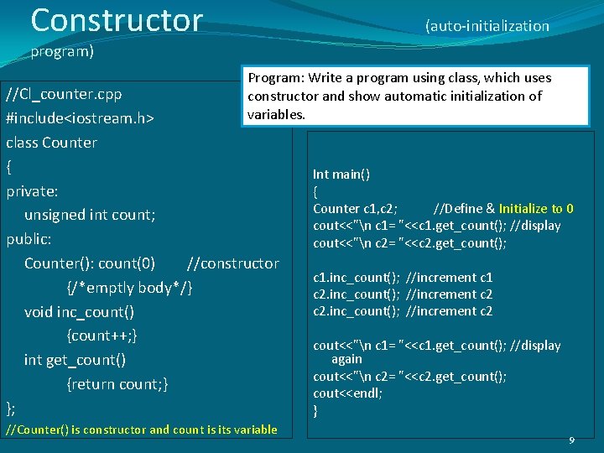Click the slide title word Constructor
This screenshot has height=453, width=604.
[x=117, y=19]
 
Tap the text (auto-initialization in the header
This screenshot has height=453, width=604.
[x=487, y=26]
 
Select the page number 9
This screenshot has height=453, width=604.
[x=571, y=440]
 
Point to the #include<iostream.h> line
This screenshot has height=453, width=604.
[x=80, y=117]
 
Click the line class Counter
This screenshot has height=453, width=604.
[x=52, y=142]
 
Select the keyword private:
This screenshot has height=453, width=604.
[x=32, y=190]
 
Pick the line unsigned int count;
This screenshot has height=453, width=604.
[x=90, y=215]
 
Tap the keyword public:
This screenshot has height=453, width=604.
[x=29, y=239]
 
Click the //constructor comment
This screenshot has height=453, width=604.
[x=233, y=263]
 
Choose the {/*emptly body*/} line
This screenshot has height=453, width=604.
[x=129, y=288]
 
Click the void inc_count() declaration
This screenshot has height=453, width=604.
[x=79, y=312]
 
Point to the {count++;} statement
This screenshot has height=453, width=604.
[x=102, y=336]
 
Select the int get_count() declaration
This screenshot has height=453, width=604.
[x=75, y=360]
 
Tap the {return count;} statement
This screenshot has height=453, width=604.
[x=117, y=384]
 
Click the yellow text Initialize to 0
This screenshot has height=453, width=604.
[x=536, y=209]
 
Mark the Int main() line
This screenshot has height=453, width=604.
[x=341, y=174]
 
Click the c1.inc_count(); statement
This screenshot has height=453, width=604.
[x=356, y=277]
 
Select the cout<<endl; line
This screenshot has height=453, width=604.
[x=347, y=393]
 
